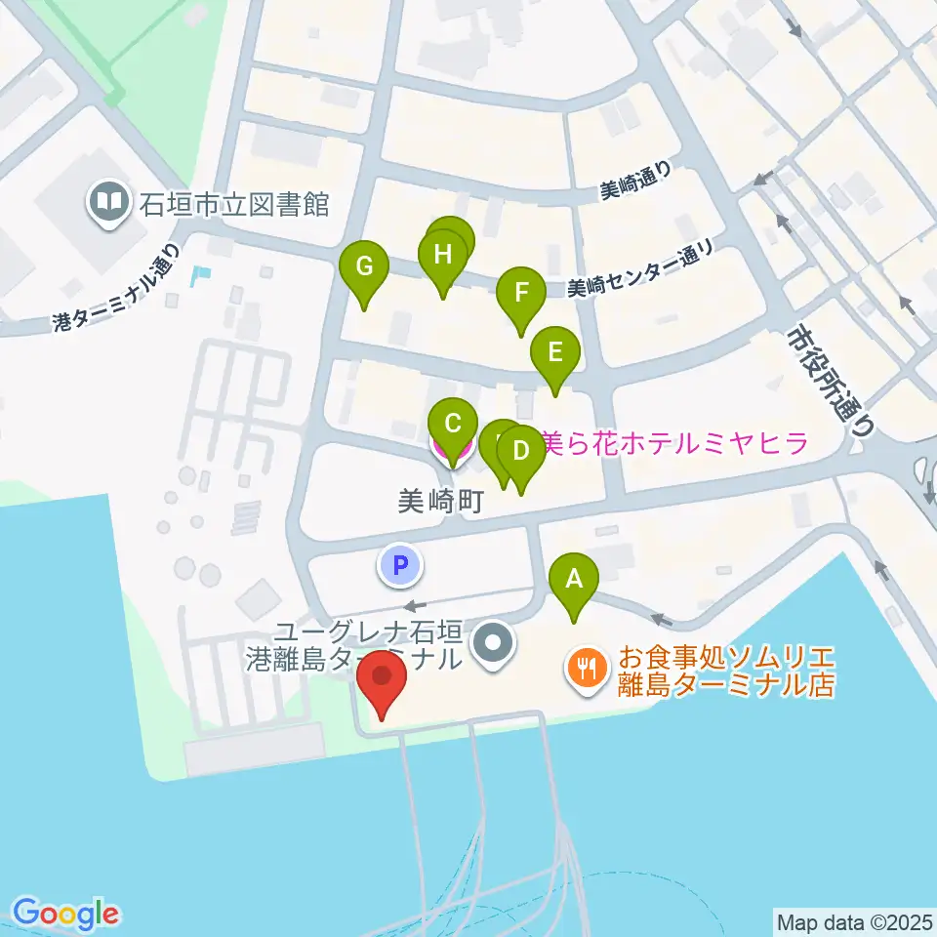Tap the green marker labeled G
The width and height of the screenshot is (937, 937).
(x=364, y=266)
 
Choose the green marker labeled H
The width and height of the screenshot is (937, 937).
(x=443, y=257)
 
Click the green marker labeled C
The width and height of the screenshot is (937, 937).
(x=453, y=425)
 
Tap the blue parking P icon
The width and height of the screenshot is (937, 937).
(x=399, y=565)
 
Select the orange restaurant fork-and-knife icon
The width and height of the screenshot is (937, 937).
(x=586, y=669)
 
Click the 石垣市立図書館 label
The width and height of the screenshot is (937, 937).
(x=235, y=205)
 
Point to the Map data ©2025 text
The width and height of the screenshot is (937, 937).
(x=853, y=921)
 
